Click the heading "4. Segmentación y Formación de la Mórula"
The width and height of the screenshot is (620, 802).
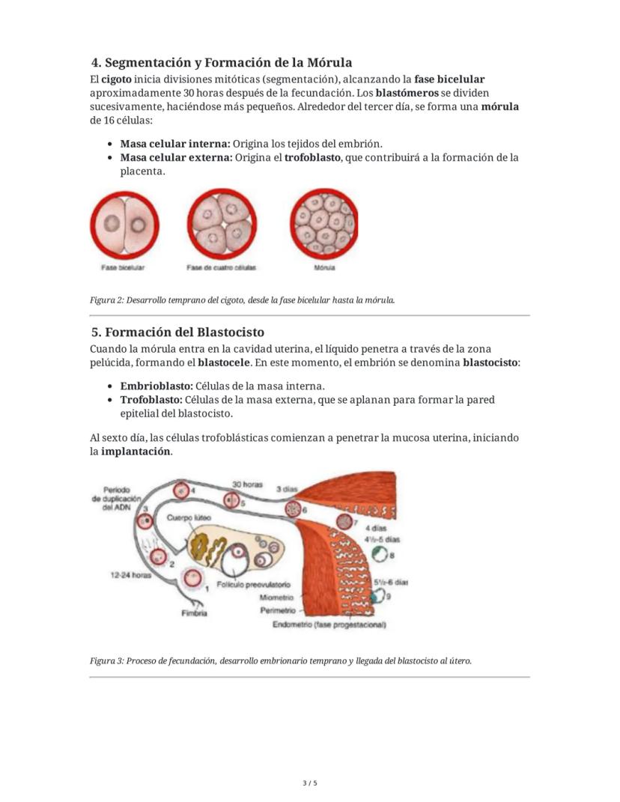coord(221,62)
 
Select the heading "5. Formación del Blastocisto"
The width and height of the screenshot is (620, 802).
coord(177,332)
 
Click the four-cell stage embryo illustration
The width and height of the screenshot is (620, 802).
coord(221,222)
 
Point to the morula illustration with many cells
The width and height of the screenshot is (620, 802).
coord(324,222)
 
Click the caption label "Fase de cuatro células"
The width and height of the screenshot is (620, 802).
coord(221,267)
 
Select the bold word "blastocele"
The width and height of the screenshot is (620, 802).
coord(224,362)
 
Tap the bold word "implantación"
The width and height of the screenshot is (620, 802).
coord(136,452)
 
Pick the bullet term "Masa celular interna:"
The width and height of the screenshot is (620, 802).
coord(174,143)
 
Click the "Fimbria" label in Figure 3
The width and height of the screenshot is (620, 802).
coord(194,613)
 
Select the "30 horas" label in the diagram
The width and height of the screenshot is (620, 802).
coord(247,484)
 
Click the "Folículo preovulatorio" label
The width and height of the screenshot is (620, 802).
coord(253,583)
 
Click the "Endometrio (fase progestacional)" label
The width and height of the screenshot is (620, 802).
coord(329,625)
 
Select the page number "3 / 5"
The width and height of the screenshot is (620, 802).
coord(309,783)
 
